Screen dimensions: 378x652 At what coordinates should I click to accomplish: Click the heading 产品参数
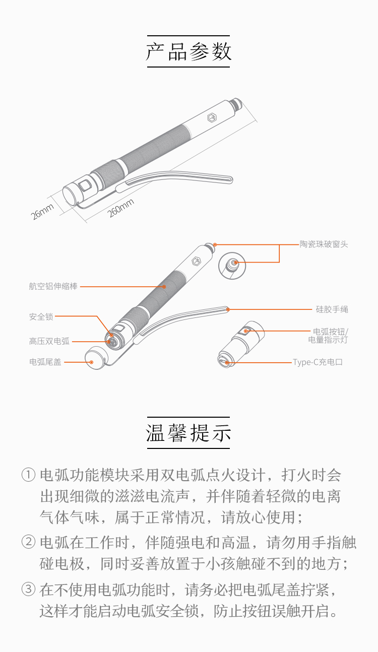click(x=188, y=51)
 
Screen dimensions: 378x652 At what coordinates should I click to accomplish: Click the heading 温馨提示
click(x=188, y=432)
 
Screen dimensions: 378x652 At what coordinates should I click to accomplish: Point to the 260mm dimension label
click(x=120, y=208)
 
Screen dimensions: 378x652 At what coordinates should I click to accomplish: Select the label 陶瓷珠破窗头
click(x=324, y=244)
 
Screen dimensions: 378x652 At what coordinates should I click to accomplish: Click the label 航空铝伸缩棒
click(x=53, y=286)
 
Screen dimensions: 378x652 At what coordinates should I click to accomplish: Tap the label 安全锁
click(x=41, y=317)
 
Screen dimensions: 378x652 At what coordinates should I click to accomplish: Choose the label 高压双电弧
click(x=49, y=341)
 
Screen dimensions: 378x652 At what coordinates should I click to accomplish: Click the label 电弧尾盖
click(x=45, y=362)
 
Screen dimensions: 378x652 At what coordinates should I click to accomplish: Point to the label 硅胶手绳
click(x=332, y=309)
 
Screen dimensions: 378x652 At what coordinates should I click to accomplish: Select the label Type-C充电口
click(x=318, y=362)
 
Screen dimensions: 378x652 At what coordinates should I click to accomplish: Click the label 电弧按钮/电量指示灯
click(x=328, y=336)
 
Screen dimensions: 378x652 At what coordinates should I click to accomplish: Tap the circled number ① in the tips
click(x=29, y=475)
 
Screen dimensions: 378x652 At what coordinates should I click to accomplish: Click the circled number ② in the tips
click(x=29, y=542)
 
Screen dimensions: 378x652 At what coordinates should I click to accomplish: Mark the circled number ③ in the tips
click(x=29, y=590)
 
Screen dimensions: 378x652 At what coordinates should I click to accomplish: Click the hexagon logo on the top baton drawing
click(x=212, y=118)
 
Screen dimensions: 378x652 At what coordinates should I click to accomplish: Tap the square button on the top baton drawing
click(x=85, y=185)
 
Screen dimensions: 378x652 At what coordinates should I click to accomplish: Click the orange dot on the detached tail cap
click(x=91, y=362)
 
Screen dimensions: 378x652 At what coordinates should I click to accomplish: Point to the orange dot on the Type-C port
click(x=227, y=363)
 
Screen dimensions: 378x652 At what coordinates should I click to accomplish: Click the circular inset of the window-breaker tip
click(x=232, y=266)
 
